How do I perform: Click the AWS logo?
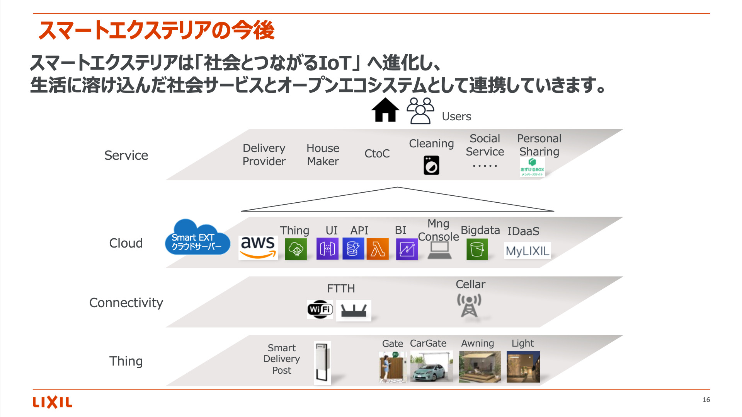coord(258,247)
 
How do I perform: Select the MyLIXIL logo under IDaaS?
coord(527,251)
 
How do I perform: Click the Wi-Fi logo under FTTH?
coord(320,309)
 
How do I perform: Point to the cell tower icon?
coord(469,305)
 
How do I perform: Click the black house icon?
coord(385,110)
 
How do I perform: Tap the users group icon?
coord(420,111)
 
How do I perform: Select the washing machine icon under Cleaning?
coord(431,165)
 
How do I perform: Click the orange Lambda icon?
coord(378,249)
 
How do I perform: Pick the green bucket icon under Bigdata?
coord(477,249)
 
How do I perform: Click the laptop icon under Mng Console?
coord(439,250)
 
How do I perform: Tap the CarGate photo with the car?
coord(431,366)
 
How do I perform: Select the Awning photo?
coord(480,366)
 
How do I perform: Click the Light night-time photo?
coord(523,366)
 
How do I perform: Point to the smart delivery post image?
coord(323,363)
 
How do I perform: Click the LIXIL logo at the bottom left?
coord(53,402)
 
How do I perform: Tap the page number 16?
coord(706,400)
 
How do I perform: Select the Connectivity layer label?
coord(126,302)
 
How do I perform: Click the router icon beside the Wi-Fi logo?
coord(354,310)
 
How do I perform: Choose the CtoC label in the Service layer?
coord(377,154)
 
